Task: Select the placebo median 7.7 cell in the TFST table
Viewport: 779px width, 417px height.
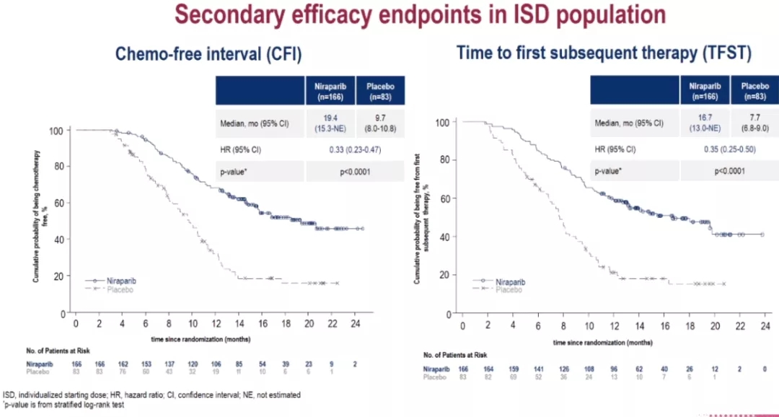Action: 754,123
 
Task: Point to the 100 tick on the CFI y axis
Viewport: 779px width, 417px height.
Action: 55,131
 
